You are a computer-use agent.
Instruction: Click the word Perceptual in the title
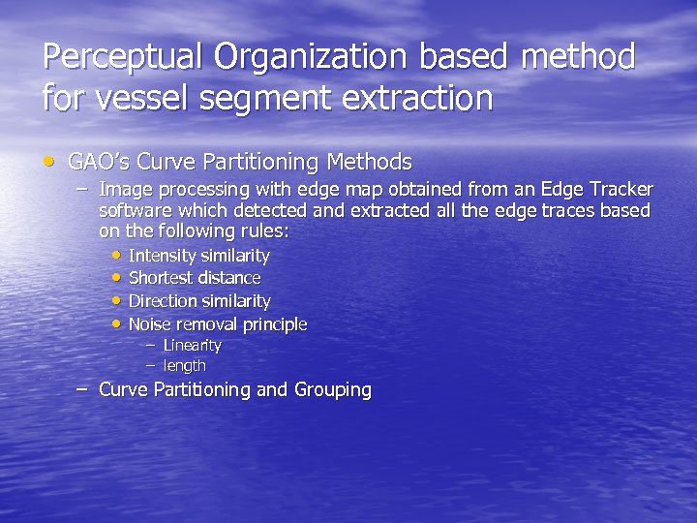tap(123, 58)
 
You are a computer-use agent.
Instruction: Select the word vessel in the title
tap(138, 98)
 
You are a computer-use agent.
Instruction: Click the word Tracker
tap(619, 189)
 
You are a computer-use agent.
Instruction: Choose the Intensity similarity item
tap(198, 256)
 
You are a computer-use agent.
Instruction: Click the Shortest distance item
tap(194, 278)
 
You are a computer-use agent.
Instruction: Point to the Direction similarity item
tap(198, 301)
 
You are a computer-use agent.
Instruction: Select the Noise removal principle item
tap(217, 323)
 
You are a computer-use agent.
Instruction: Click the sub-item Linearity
tap(192, 345)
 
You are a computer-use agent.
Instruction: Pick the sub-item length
tap(184, 365)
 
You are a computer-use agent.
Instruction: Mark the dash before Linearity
tap(150, 345)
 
